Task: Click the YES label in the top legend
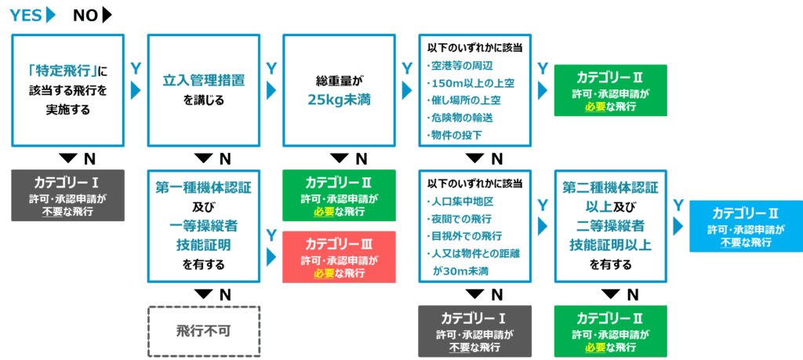26,16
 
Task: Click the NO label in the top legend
85,16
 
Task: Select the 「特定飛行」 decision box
67,90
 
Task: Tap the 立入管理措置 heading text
203,80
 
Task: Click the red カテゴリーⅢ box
339,257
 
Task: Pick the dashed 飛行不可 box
203,331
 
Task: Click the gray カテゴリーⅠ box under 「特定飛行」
67,195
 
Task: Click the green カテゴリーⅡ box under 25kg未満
339,195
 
